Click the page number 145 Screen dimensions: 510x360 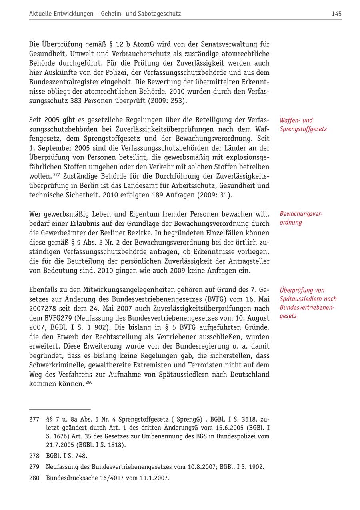[336, 14]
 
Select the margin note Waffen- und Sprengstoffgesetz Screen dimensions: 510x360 [303, 125]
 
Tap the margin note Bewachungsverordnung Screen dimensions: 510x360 [301, 218]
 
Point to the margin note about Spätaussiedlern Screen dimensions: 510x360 [308, 303]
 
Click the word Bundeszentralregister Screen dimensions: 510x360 [63, 82]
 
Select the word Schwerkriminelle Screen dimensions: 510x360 [55, 365]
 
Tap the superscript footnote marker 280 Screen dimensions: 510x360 [89, 382]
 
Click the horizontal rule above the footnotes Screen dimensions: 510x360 [60, 409]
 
